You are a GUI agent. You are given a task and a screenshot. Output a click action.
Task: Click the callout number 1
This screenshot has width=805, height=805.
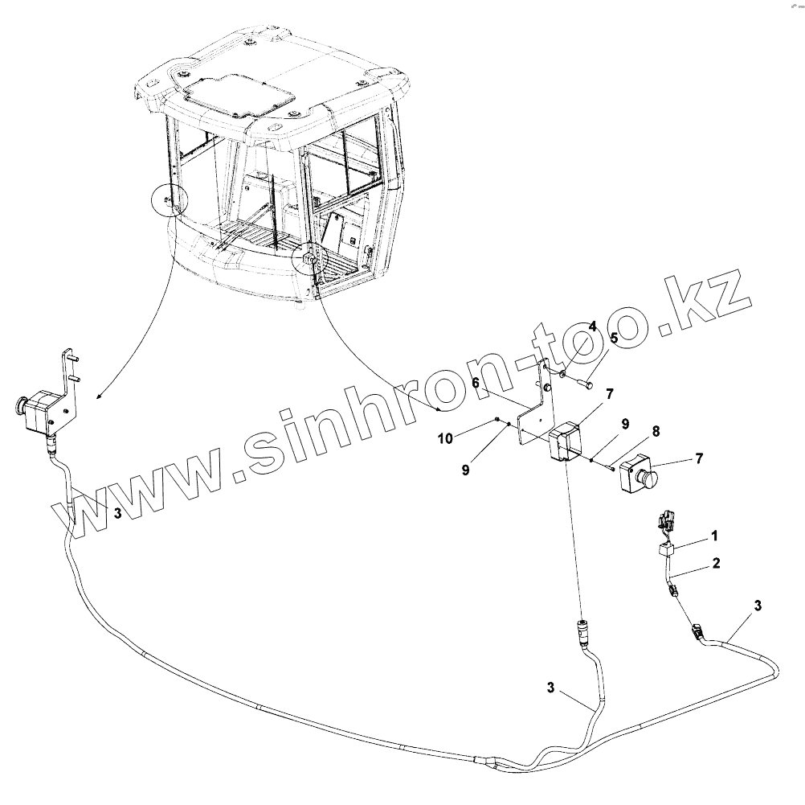(714, 535)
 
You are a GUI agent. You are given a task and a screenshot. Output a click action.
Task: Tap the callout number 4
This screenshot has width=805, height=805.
(592, 327)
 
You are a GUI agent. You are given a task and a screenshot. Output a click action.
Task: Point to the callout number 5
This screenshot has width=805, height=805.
(613, 339)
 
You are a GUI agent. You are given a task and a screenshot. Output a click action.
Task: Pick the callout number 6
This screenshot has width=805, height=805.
(476, 384)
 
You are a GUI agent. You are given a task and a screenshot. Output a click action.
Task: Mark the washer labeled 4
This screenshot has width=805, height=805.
(564, 373)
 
